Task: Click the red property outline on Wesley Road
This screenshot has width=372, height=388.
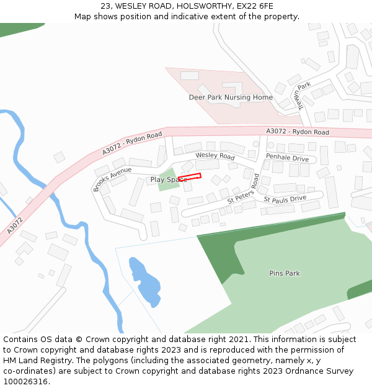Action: (x=190, y=177)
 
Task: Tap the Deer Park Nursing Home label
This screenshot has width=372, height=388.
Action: (x=231, y=97)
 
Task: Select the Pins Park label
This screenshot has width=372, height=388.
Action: (x=285, y=273)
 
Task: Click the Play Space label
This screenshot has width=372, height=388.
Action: (x=167, y=179)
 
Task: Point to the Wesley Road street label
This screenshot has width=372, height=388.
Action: (x=215, y=155)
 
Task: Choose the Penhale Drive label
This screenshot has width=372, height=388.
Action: (x=287, y=158)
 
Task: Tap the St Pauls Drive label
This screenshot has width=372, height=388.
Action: (x=285, y=199)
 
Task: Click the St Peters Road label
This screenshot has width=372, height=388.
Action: (x=243, y=190)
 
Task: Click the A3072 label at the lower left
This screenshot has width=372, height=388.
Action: (x=15, y=225)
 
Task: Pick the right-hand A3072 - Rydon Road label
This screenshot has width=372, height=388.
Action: (x=298, y=132)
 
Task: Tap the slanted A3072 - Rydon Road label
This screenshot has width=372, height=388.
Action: (x=132, y=143)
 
